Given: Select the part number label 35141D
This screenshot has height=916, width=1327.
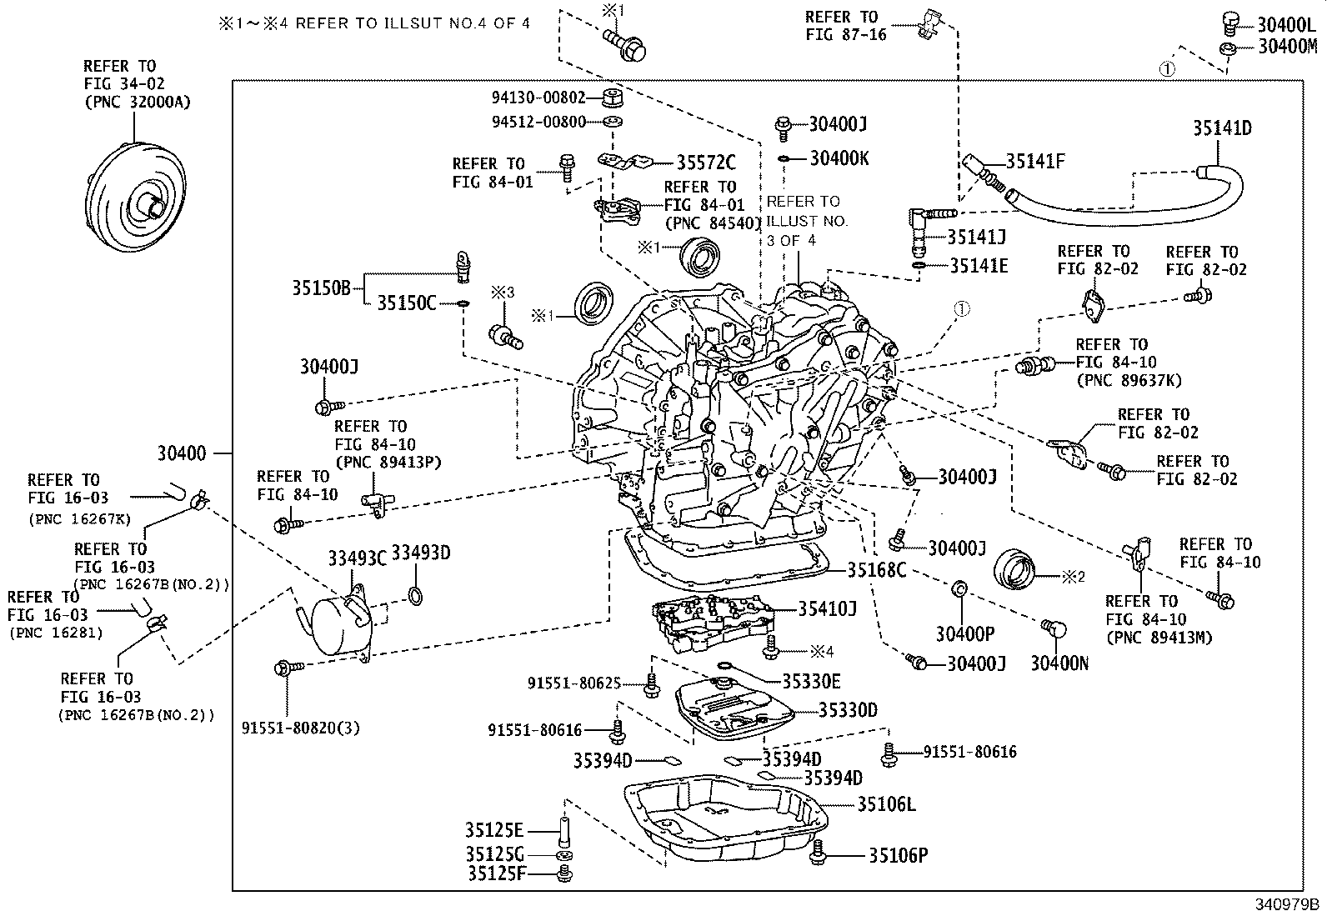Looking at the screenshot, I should (1221, 128).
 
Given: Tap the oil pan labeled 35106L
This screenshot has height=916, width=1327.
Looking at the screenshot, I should (725, 821).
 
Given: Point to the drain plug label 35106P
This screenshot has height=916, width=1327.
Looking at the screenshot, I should (898, 855).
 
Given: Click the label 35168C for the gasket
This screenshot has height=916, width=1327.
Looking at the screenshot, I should (876, 570).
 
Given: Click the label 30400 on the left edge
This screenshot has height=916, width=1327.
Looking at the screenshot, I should (181, 453).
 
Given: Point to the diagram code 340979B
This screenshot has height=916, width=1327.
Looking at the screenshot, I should (1290, 903).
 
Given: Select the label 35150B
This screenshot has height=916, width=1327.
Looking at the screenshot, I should (321, 288).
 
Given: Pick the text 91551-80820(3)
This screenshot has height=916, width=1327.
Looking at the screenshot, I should (301, 728).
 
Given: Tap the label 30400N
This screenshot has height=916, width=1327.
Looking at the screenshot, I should (1059, 663).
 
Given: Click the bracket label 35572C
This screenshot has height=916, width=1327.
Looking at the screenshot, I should (705, 163).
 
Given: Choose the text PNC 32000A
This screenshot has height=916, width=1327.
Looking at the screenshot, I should (137, 103).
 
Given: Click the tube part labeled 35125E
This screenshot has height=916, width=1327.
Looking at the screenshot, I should (564, 831).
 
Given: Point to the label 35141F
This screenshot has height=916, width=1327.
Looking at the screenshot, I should (1035, 162).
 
